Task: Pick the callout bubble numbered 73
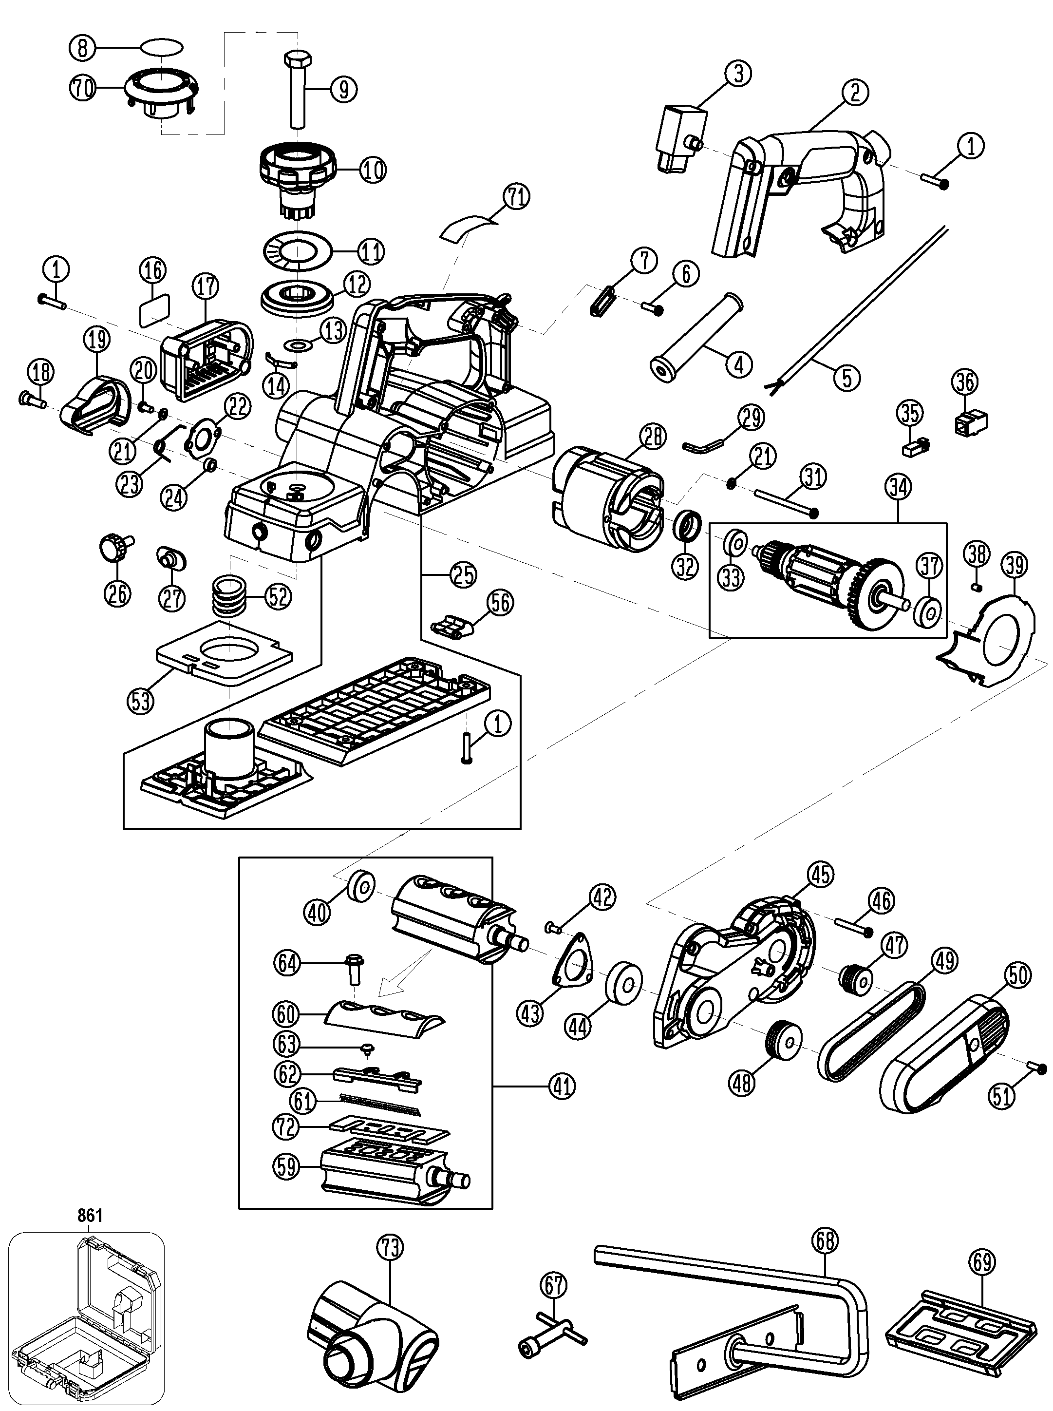point(390,1247)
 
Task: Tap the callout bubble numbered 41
point(562,1086)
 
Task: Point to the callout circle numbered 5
point(846,378)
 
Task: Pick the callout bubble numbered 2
point(855,93)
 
